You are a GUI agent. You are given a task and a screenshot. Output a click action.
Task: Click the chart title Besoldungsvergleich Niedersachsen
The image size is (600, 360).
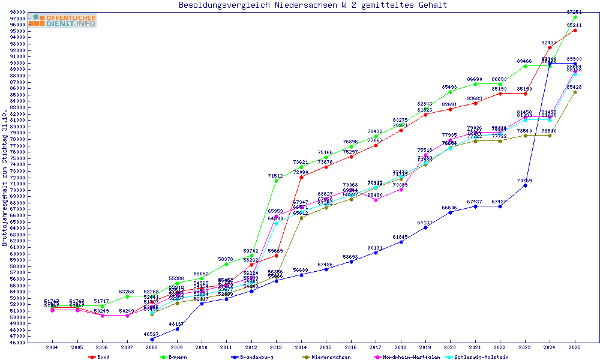click(x=313, y=5)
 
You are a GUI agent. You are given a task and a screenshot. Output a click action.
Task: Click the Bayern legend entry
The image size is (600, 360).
click(x=177, y=357)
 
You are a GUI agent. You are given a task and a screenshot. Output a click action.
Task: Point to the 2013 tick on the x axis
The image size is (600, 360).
click(x=276, y=347)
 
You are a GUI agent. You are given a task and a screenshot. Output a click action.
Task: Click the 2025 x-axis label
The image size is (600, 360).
click(x=575, y=347)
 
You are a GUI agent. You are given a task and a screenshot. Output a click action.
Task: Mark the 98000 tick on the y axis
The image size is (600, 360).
click(x=17, y=12)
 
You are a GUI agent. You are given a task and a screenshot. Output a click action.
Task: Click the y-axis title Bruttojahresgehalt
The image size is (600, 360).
click(x=5, y=178)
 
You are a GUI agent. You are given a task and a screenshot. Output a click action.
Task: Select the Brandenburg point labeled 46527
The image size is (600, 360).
click(x=152, y=339)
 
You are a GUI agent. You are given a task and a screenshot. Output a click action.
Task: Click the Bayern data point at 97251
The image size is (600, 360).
click(x=575, y=17)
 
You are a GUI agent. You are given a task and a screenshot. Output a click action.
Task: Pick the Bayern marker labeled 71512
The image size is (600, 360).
click(x=276, y=181)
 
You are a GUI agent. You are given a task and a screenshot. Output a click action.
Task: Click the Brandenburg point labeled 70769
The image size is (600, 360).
click(x=525, y=185)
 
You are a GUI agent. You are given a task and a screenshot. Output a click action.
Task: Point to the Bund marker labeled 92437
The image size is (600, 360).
click(x=550, y=47)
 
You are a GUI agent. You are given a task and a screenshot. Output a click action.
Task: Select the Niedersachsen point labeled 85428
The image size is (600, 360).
click(x=575, y=92)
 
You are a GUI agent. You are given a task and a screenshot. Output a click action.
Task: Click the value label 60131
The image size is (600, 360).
click(x=376, y=247)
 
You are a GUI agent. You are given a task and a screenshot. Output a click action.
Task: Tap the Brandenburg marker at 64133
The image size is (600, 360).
click(x=425, y=227)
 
